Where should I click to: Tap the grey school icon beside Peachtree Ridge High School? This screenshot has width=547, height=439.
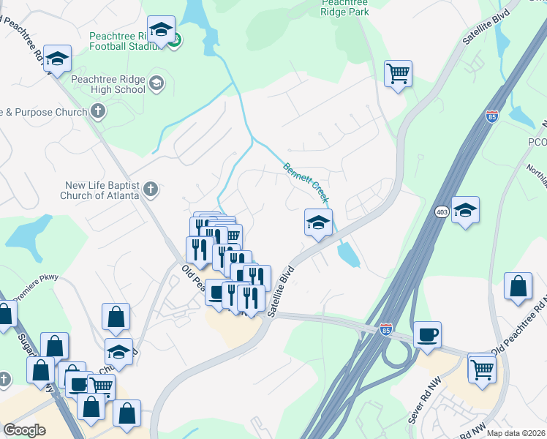pyautogui.click(x=156, y=83)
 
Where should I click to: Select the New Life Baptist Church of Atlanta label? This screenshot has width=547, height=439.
pyautogui.click(x=102, y=191)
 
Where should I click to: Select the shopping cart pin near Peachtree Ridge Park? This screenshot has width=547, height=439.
pyautogui.click(x=399, y=73)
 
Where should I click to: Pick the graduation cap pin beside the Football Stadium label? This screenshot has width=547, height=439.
pyautogui.click(x=161, y=30)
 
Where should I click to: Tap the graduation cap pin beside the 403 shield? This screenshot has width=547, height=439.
pyautogui.click(x=465, y=211)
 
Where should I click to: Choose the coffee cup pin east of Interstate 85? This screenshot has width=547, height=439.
pyautogui.click(x=428, y=335)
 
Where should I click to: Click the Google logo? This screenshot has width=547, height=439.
pyautogui.click(x=24, y=429)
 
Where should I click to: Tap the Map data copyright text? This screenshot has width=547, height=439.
pyautogui.click(x=516, y=433)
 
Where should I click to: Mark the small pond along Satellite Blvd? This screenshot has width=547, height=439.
pyautogui.click(x=348, y=254)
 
